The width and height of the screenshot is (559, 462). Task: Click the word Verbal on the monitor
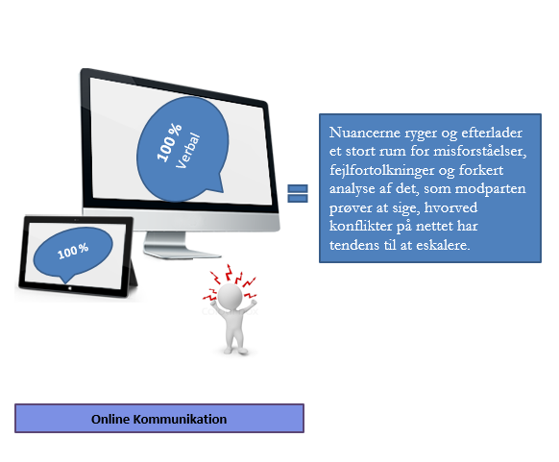[x=188, y=151]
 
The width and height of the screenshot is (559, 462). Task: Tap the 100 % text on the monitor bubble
[x=169, y=142]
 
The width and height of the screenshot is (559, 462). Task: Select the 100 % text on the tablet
[x=73, y=252]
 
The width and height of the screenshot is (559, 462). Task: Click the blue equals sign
[x=298, y=194]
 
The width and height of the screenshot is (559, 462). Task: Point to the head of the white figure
[x=230, y=296]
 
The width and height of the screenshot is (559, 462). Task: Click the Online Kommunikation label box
[x=159, y=419]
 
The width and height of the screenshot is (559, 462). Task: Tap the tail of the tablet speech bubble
[x=66, y=279]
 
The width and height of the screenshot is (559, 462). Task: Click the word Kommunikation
[x=180, y=419]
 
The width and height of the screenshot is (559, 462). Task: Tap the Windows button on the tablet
[x=70, y=288]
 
